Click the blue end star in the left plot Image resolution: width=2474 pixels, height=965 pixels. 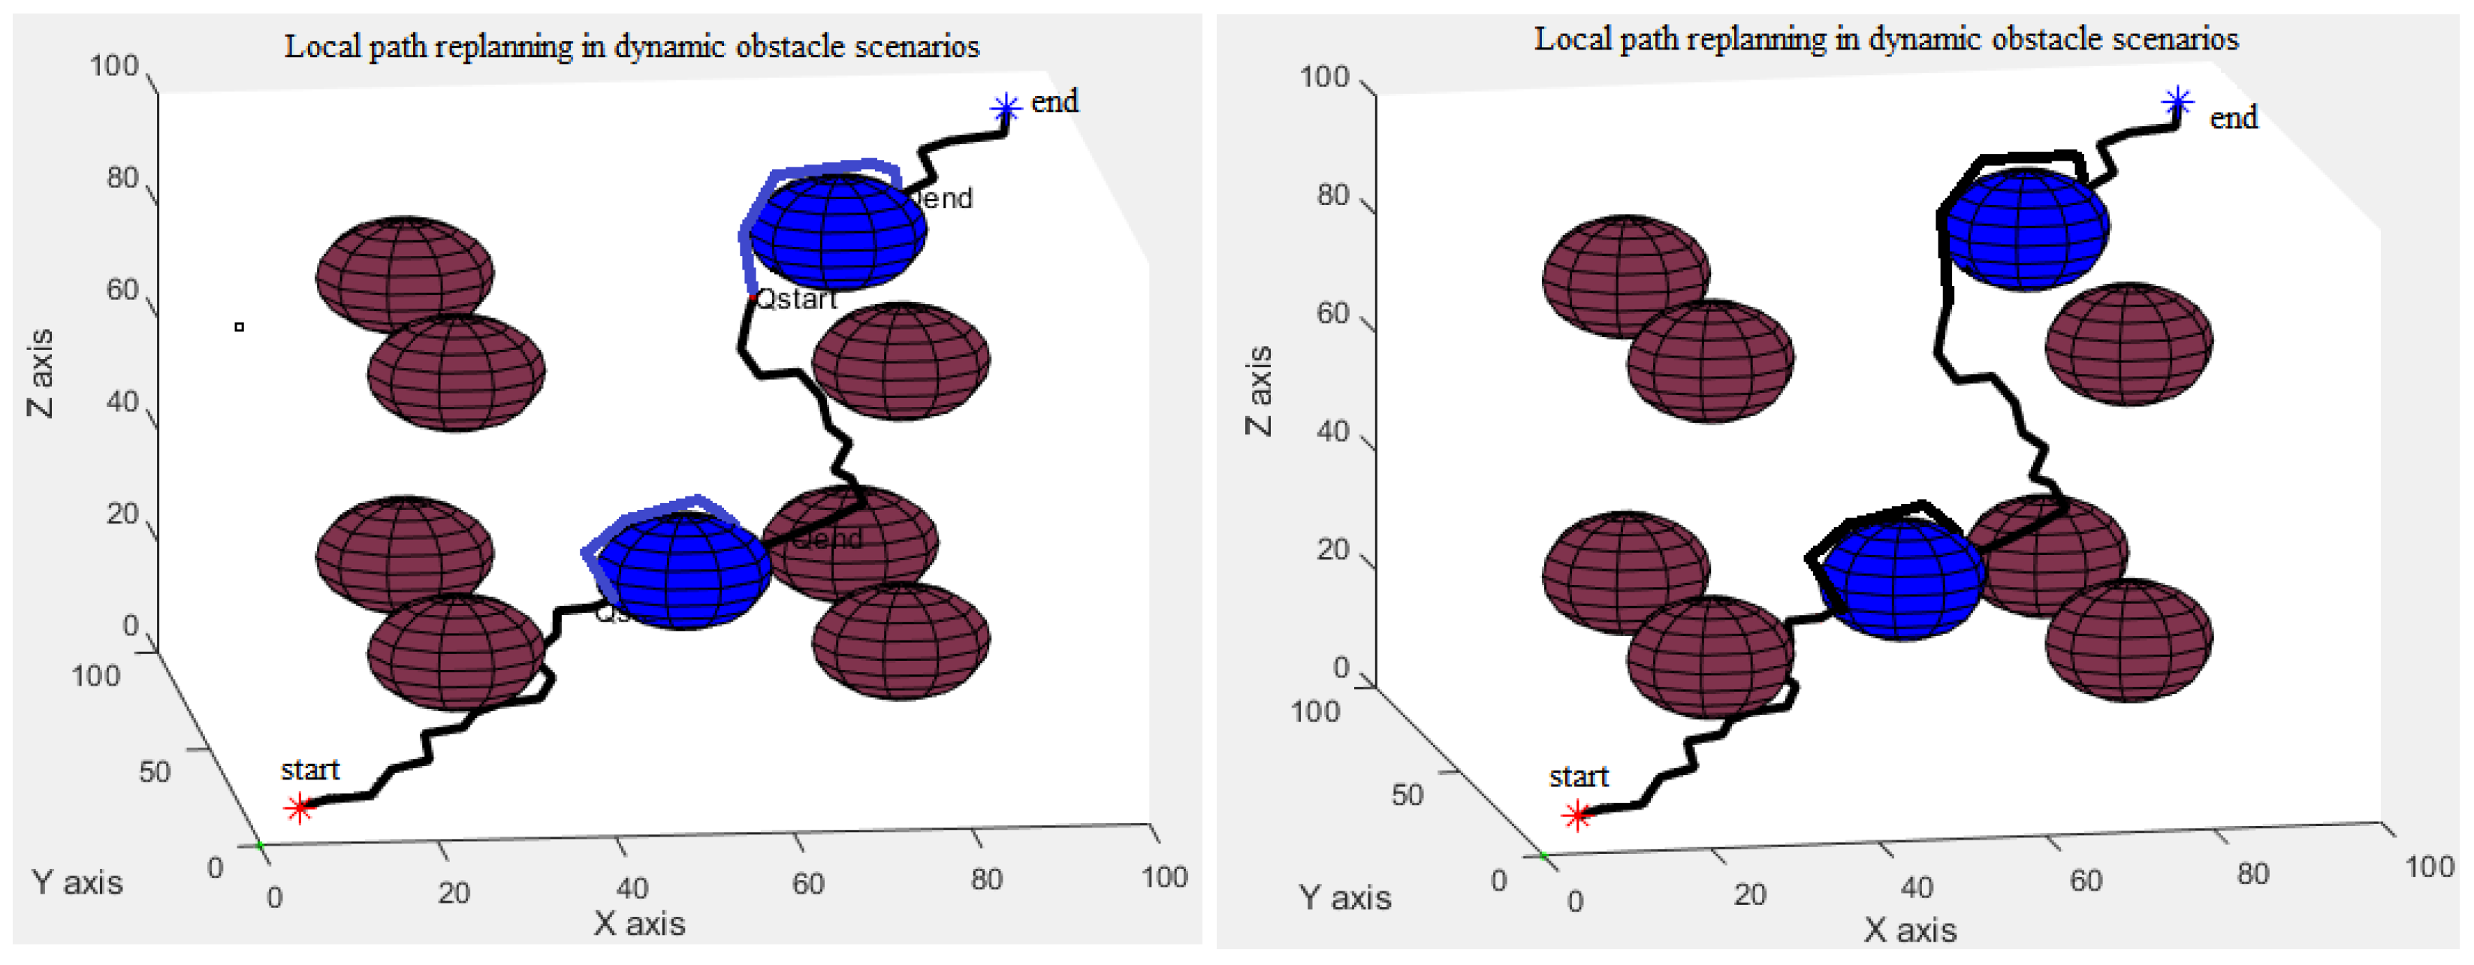[1006, 107]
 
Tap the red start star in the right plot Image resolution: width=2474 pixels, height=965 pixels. [1576, 816]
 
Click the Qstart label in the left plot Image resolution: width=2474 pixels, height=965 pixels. [796, 300]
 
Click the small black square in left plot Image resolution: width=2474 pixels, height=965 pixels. [239, 327]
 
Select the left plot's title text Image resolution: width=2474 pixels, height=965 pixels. [631, 46]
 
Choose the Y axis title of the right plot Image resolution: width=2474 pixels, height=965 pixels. [1344, 897]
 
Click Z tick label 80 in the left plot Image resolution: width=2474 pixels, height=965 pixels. [122, 178]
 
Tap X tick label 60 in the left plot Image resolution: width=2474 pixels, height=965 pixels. [807, 883]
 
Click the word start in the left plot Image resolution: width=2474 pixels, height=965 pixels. [309, 769]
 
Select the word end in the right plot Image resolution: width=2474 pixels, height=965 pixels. [2233, 118]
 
